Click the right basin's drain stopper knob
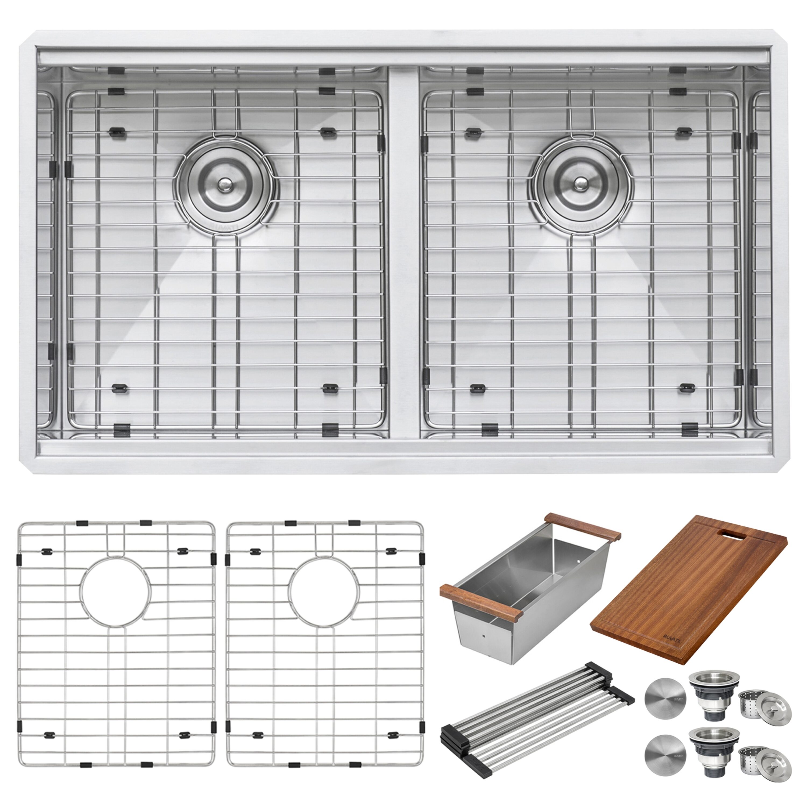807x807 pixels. (580, 183)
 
